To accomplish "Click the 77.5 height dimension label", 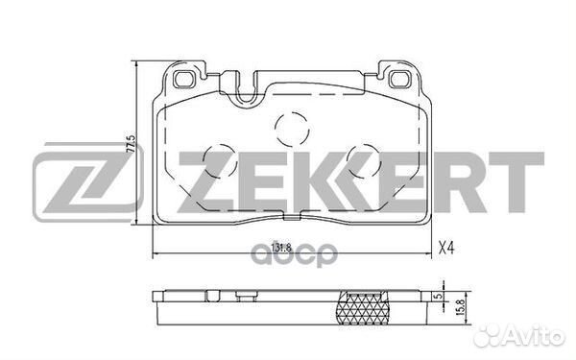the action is click(x=131, y=143).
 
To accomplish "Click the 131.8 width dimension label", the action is click(x=281, y=248).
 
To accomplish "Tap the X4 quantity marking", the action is click(x=446, y=249).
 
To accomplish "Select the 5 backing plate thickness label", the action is click(x=437, y=296).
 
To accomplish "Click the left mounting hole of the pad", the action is click(x=184, y=80).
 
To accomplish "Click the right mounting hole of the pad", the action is click(x=400, y=80).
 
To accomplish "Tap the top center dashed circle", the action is click(x=292, y=129).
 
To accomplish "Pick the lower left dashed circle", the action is click(x=221, y=161).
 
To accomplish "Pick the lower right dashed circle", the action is click(x=364, y=161).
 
